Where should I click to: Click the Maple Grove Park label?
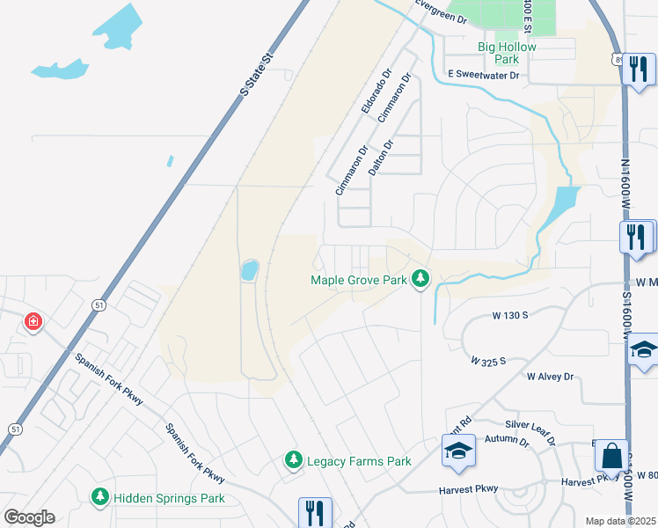click(358, 281)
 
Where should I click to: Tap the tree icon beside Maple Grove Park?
click(421, 279)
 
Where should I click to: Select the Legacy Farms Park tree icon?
click(294, 460)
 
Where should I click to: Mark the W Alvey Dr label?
click(550, 377)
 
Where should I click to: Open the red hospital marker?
click(33, 322)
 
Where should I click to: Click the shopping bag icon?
click(611, 456)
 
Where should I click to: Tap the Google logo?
click(29, 517)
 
